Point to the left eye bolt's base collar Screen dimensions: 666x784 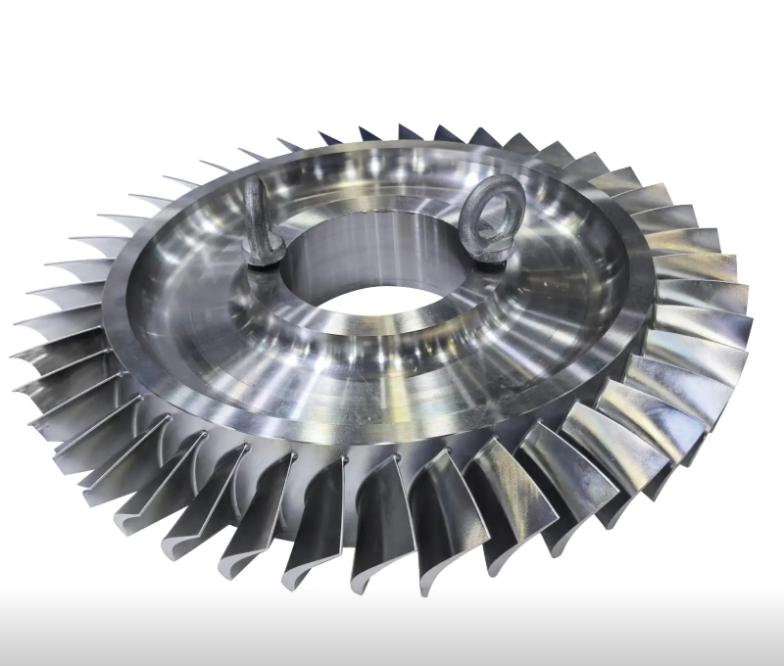coord(265,257)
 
